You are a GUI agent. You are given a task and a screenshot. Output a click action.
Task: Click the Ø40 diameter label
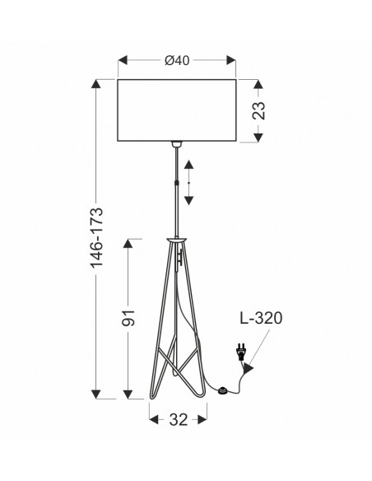pos(177,60)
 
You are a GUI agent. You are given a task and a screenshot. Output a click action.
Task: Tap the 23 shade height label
pos(258,110)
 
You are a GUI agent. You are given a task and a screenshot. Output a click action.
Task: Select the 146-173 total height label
pos(96,238)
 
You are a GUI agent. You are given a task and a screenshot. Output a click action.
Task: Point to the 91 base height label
pos(128,318)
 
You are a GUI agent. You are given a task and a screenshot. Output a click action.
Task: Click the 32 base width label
pos(178,420)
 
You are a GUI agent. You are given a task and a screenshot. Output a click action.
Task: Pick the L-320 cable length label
pos(261,318)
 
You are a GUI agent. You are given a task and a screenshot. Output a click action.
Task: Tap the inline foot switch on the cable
pos(222,390)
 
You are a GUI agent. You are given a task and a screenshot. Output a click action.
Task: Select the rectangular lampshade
pos(177,110)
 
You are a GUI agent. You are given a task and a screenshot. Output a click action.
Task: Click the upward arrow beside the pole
pos(188,165)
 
